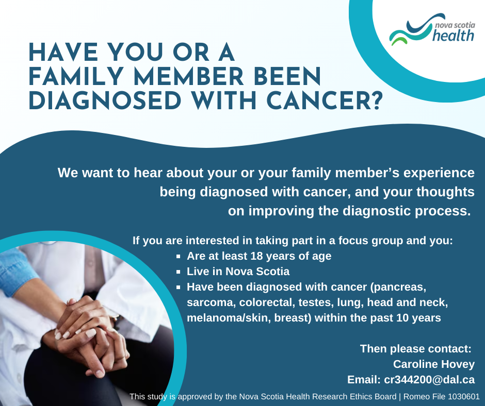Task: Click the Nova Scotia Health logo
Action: (432, 29)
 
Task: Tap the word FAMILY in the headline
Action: (76, 77)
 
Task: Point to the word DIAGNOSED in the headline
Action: (105, 101)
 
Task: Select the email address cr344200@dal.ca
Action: (429, 379)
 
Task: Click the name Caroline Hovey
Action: (433, 364)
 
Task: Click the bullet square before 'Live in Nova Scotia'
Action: (178, 272)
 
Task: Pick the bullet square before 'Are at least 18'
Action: (178, 256)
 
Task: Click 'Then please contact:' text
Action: (416, 348)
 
